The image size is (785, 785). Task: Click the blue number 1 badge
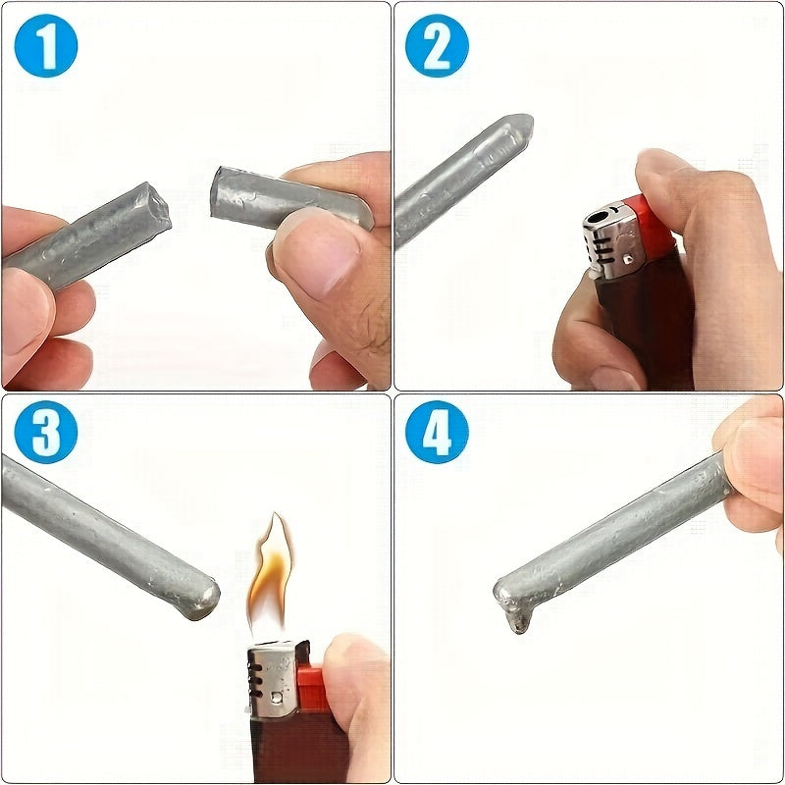45,45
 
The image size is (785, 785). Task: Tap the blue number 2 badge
438,45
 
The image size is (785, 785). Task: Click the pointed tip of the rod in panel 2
520,127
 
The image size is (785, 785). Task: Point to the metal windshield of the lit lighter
272,677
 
